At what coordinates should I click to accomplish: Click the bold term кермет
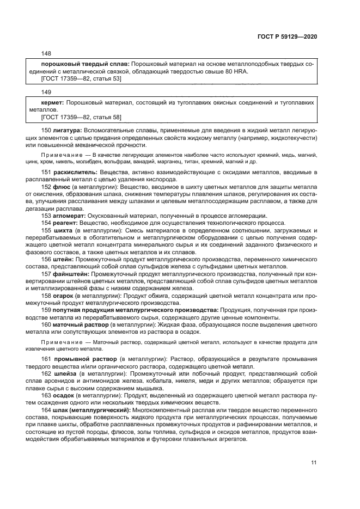coord(53,102)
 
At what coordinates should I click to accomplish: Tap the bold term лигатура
coord(68,131)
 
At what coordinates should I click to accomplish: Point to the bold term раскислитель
coord(72,172)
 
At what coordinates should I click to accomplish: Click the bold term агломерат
coord(69,215)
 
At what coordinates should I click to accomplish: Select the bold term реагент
coord(65,222)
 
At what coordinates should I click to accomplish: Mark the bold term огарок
coord(63,295)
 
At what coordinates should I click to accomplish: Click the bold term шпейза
coord(65,374)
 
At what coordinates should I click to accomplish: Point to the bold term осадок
coord(64,396)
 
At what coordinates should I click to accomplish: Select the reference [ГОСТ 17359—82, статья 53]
coord(82,78)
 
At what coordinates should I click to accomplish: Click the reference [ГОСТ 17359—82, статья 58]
coord(82,116)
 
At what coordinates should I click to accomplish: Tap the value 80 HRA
coord(238,71)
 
